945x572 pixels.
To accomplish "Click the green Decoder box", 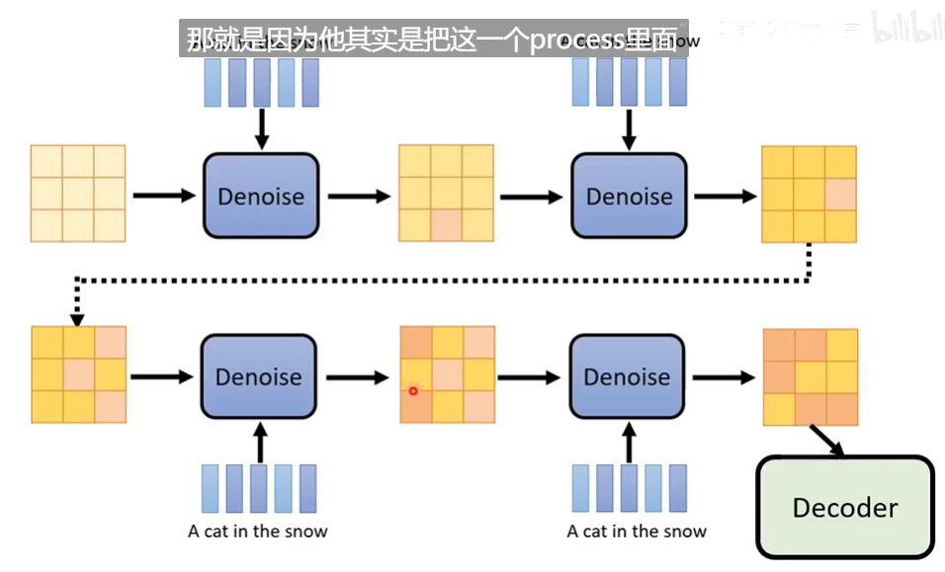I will click(844, 507).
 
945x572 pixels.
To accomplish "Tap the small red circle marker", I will click(413, 391).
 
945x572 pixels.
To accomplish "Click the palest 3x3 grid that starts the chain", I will click(78, 194).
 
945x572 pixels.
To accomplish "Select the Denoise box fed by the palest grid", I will click(261, 196).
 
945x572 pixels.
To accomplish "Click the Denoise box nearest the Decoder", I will click(627, 376).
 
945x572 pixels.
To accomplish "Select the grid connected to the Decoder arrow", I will click(810, 376).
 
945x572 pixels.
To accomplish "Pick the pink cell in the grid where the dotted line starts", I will click(840, 195).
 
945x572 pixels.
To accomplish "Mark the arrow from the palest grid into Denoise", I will click(164, 196).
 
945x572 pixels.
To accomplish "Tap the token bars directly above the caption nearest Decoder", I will click(629, 489).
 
